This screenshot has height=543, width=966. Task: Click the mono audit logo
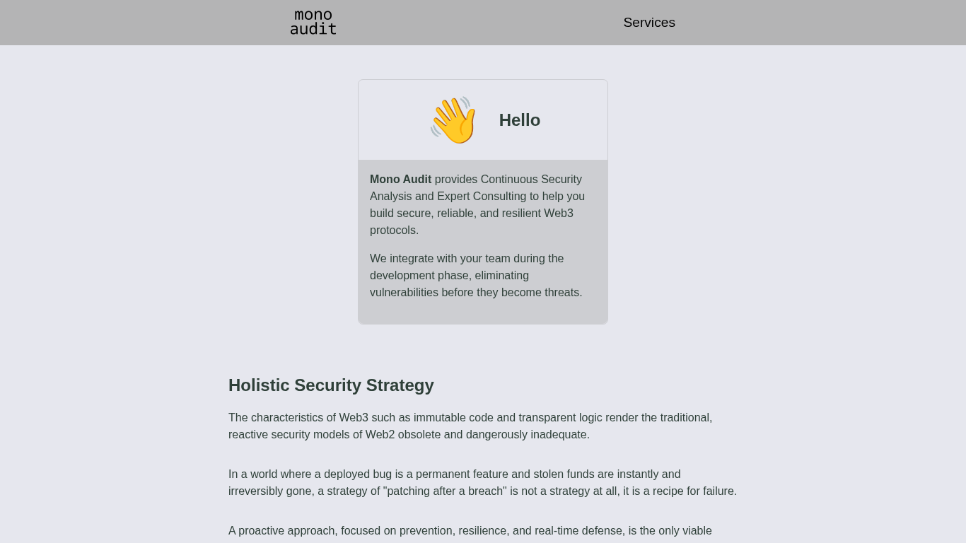coord(313,23)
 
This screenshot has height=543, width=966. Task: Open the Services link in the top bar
coord(648,23)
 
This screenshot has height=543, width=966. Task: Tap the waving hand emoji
coord(453,120)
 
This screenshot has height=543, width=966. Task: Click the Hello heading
coord(519,120)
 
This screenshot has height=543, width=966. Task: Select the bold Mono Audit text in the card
coord(400,180)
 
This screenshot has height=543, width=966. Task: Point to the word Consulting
coord(499,197)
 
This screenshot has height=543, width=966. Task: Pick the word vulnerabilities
coord(404,293)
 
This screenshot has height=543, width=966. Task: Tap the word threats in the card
coord(563,293)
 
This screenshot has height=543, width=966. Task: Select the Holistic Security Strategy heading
coord(331,385)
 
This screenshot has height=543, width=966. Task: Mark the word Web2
coord(380,435)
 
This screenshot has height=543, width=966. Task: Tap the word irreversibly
coord(256,491)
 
